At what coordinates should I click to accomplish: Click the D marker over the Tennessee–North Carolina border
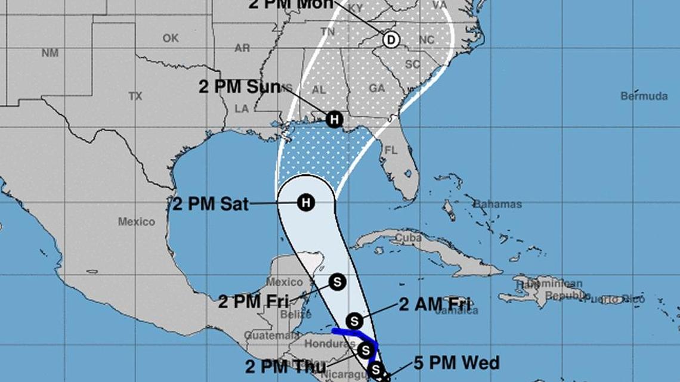point(391,40)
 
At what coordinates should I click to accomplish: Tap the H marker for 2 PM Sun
point(335,119)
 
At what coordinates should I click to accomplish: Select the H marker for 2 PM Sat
point(305,203)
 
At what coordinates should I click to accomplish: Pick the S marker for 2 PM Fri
point(337,281)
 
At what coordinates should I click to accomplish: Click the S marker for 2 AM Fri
point(354,322)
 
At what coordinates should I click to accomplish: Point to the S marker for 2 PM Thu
point(366,350)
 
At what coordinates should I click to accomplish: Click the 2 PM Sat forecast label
point(210,204)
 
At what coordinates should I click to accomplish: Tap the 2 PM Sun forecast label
point(239,87)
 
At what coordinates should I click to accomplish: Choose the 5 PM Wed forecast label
point(456,362)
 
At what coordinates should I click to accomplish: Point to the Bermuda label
point(644,96)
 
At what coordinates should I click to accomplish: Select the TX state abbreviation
point(135,96)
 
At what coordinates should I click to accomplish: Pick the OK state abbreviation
point(171,38)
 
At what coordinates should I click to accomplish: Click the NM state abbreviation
point(50,52)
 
